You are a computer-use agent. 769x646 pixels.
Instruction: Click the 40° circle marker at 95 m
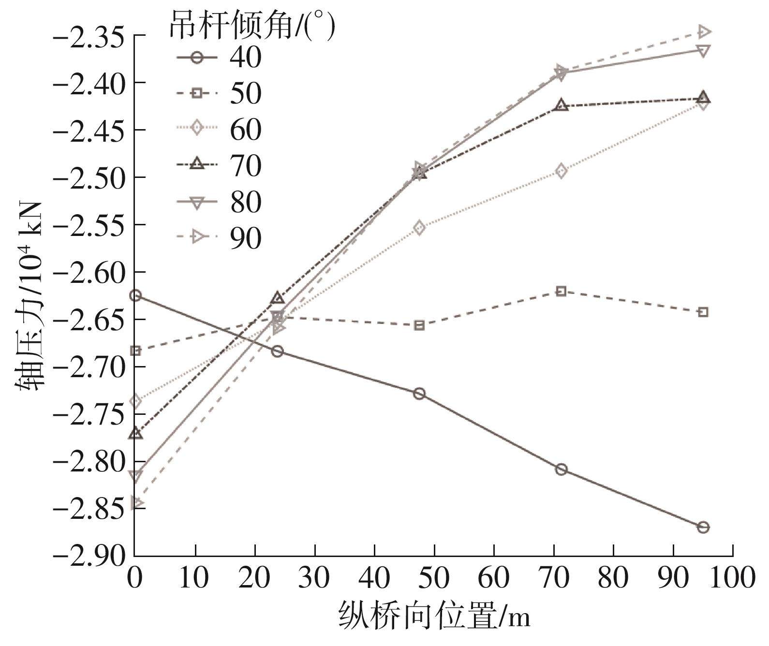click(x=703, y=527)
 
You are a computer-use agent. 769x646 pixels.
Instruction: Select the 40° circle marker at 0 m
click(x=135, y=295)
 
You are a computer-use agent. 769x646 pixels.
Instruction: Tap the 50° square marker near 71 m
click(x=561, y=291)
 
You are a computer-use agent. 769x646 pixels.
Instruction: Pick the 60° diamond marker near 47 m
click(x=419, y=228)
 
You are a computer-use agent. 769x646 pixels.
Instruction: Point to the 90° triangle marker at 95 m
click(x=704, y=32)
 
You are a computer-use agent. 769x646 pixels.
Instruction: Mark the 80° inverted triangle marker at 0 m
click(x=135, y=476)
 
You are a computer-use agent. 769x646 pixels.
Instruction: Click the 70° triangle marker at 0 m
click(x=135, y=433)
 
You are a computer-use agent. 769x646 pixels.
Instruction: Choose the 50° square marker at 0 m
click(x=135, y=351)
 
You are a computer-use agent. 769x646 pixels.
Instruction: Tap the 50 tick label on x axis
click(x=434, y=578)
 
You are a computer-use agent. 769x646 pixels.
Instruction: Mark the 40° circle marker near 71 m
click(x=561, y=470)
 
